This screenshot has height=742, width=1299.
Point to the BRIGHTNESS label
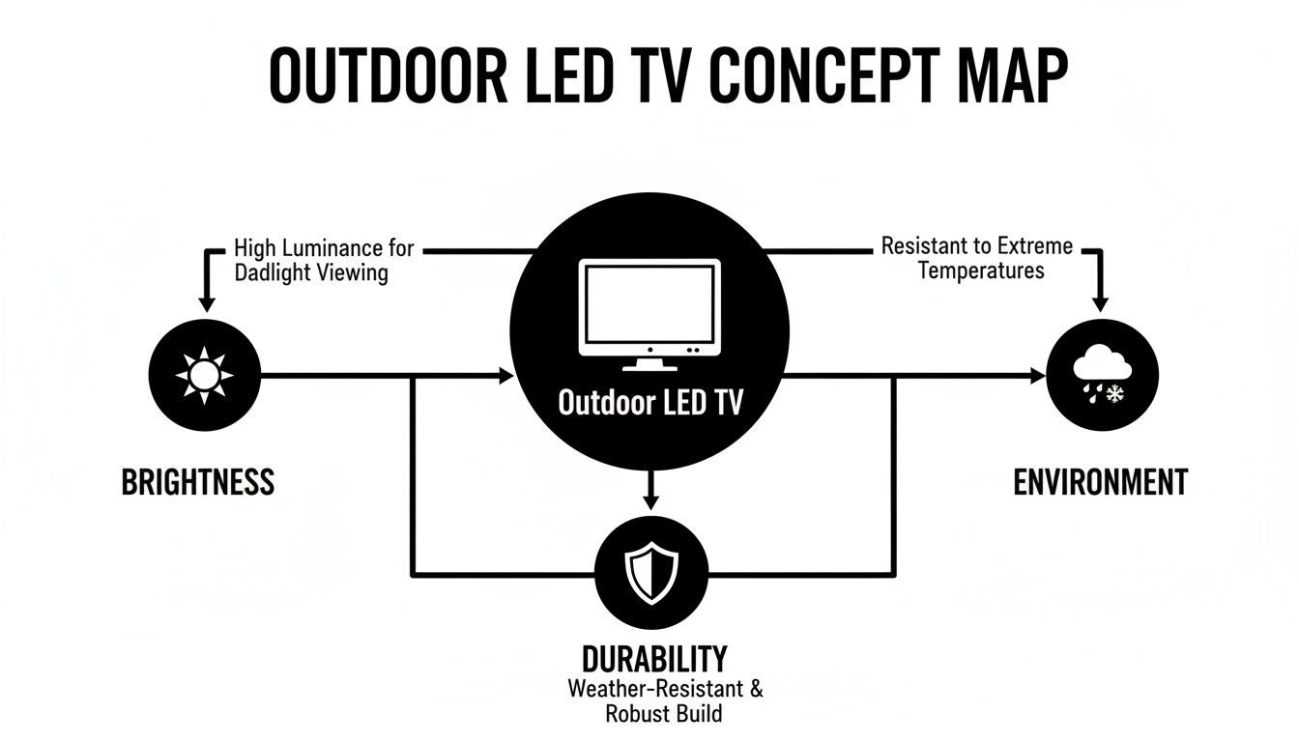click(x=197, y=481)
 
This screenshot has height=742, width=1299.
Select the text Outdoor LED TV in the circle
click(x=649, y=403)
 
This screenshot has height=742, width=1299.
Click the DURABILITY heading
click(x=653, y=660)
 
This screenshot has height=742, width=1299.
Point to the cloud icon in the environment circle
click(x=1102, y=368)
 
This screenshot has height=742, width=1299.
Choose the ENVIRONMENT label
click(x=1100, y=481)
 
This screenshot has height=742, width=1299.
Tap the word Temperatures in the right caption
click(x=981, y=270)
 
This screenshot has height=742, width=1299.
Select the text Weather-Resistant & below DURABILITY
click(x=665, y=690)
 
